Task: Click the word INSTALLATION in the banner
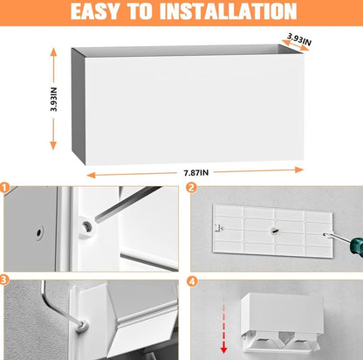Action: pos(229,11)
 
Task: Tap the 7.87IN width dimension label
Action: pos(196,173)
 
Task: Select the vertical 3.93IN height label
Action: pos(53,99)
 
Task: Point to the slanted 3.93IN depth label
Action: pos(299,39)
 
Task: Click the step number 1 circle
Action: pos(4,187)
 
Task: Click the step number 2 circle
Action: pos(191,188)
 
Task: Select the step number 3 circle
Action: pos(3,280)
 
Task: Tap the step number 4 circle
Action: pos(191,281)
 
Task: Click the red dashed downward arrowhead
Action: pos(223,349)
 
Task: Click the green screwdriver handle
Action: pos(357,246)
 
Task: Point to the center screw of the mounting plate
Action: pos(275,231)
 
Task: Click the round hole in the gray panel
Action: pos(38,232)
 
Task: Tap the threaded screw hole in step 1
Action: pos(86,225)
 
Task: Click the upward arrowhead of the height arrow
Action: pos(53,52)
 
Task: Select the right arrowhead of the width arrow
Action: pos(299,170)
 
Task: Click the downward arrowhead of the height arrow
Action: pos(53,145)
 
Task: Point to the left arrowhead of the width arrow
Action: pos(91,175)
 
